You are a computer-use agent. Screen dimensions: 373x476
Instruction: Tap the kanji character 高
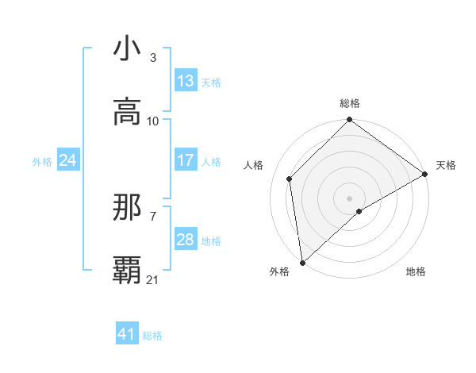click(127, 112)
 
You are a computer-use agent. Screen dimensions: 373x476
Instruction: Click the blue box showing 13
click(186, 81)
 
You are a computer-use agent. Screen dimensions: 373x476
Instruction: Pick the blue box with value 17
click(186, 160)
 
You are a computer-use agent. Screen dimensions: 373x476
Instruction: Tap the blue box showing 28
click(186, 240)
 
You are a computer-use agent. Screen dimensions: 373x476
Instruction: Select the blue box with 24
click(67, 160)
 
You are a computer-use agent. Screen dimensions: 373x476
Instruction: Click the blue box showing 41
click(127, 334)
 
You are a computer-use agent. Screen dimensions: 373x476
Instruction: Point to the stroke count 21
click(153, 279)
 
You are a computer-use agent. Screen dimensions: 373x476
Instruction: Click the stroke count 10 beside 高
click(153, 121)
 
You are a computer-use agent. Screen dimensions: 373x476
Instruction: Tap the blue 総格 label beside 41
click(152, 336)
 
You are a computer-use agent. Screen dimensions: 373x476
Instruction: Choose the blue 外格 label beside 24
click(42, 161)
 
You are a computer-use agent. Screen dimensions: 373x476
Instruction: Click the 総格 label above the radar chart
click(350, 103)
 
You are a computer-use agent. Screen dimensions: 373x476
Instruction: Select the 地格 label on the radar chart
click(416, 271)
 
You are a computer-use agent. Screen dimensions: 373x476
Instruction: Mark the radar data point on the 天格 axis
click(425, 174)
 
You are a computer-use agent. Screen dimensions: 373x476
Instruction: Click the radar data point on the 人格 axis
click(290, 179)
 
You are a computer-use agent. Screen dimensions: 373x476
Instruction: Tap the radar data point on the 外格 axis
click(302, 263)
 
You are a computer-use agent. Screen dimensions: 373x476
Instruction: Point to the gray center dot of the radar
click(350, 198)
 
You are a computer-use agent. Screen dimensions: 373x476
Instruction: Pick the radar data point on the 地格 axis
click(359, 211)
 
